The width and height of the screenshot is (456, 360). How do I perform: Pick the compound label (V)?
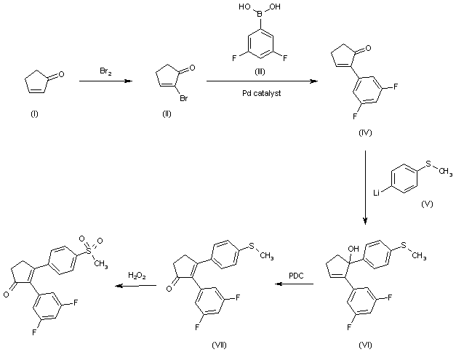[427, 204]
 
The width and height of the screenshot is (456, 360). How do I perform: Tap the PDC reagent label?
[297, 275]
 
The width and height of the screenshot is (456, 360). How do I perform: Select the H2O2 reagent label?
[137, 275]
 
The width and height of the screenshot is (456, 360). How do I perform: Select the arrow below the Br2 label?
[105, 82]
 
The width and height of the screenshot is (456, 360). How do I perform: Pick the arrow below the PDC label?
[297, 285]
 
